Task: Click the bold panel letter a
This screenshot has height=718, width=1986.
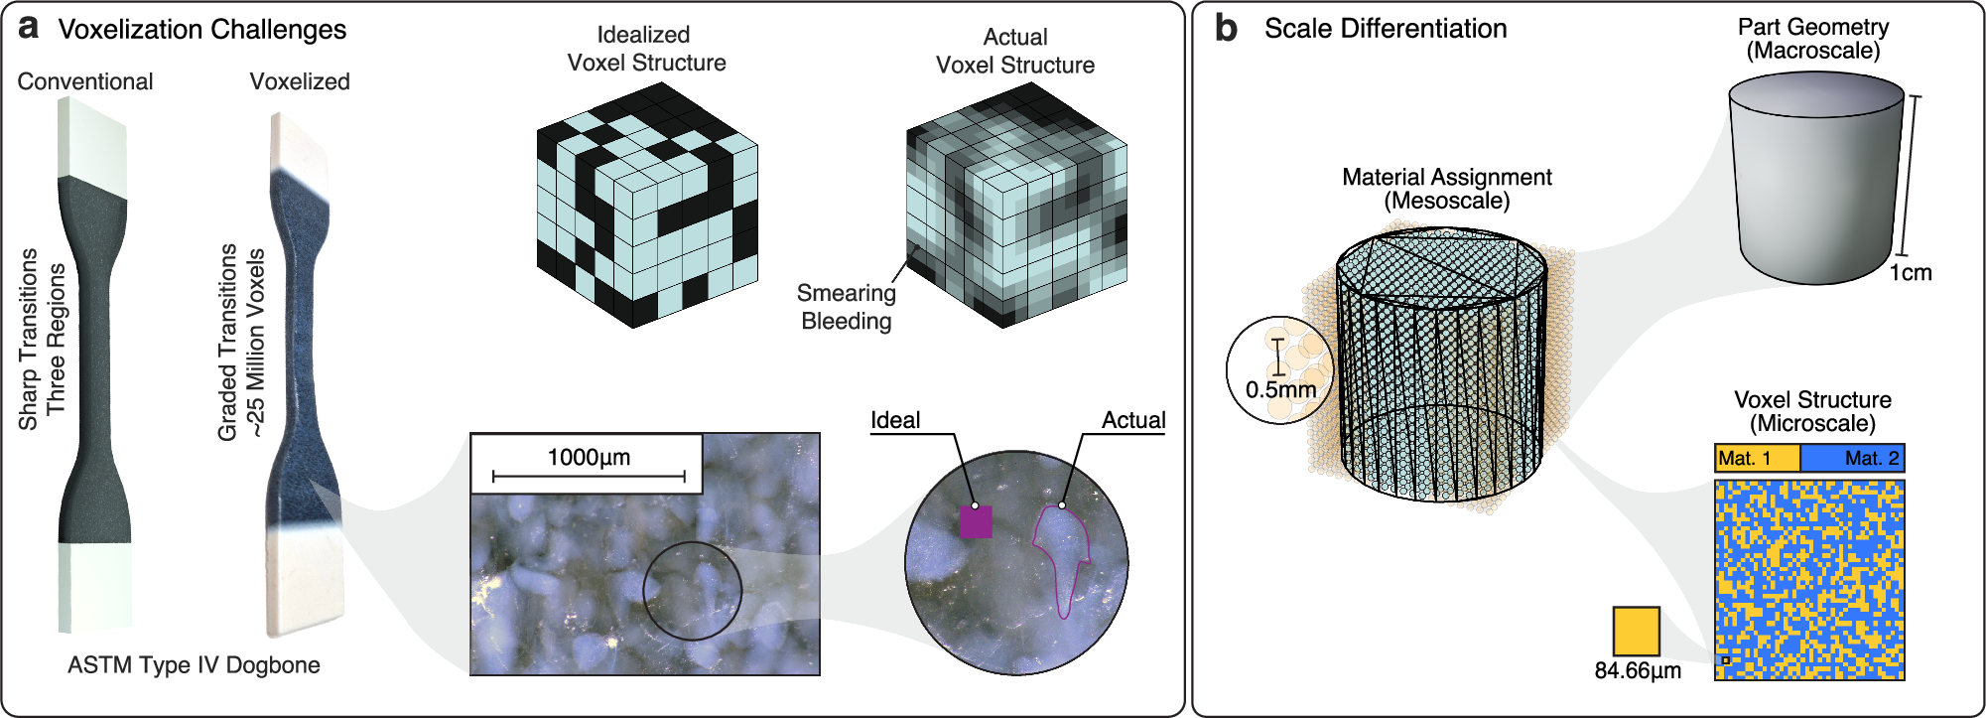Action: click(29, 28)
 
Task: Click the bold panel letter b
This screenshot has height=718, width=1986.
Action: click(1226, 28)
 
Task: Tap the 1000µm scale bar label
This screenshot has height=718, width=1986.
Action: click(589, 457)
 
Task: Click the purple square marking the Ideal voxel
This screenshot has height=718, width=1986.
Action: click(976, 521)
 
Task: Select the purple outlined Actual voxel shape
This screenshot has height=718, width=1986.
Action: click(1060, 556)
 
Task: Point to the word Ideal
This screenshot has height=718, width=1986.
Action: click(895, 420)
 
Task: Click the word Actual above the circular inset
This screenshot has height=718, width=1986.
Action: click(1133, 420)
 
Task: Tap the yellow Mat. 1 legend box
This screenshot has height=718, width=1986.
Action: click(1756, 458)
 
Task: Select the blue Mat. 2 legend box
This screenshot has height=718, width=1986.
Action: click(1852, 458)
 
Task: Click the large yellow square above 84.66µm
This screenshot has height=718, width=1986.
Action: click(1636, 631)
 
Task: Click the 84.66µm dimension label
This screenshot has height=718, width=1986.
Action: click(1638, 671)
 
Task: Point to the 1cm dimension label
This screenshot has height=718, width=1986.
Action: click(1910, 273)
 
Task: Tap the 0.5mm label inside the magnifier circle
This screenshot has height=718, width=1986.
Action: click(1280, 389)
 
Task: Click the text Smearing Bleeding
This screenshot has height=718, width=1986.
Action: click(847, 307)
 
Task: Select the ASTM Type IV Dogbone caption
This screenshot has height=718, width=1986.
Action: click(194, 665)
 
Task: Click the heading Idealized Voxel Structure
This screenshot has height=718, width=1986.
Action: click(646, 49)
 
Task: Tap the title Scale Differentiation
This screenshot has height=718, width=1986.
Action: click(1385, 28)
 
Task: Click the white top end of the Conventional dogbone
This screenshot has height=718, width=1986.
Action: click(94, 139)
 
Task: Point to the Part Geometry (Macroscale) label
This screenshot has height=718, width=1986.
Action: click(1812, 39)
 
